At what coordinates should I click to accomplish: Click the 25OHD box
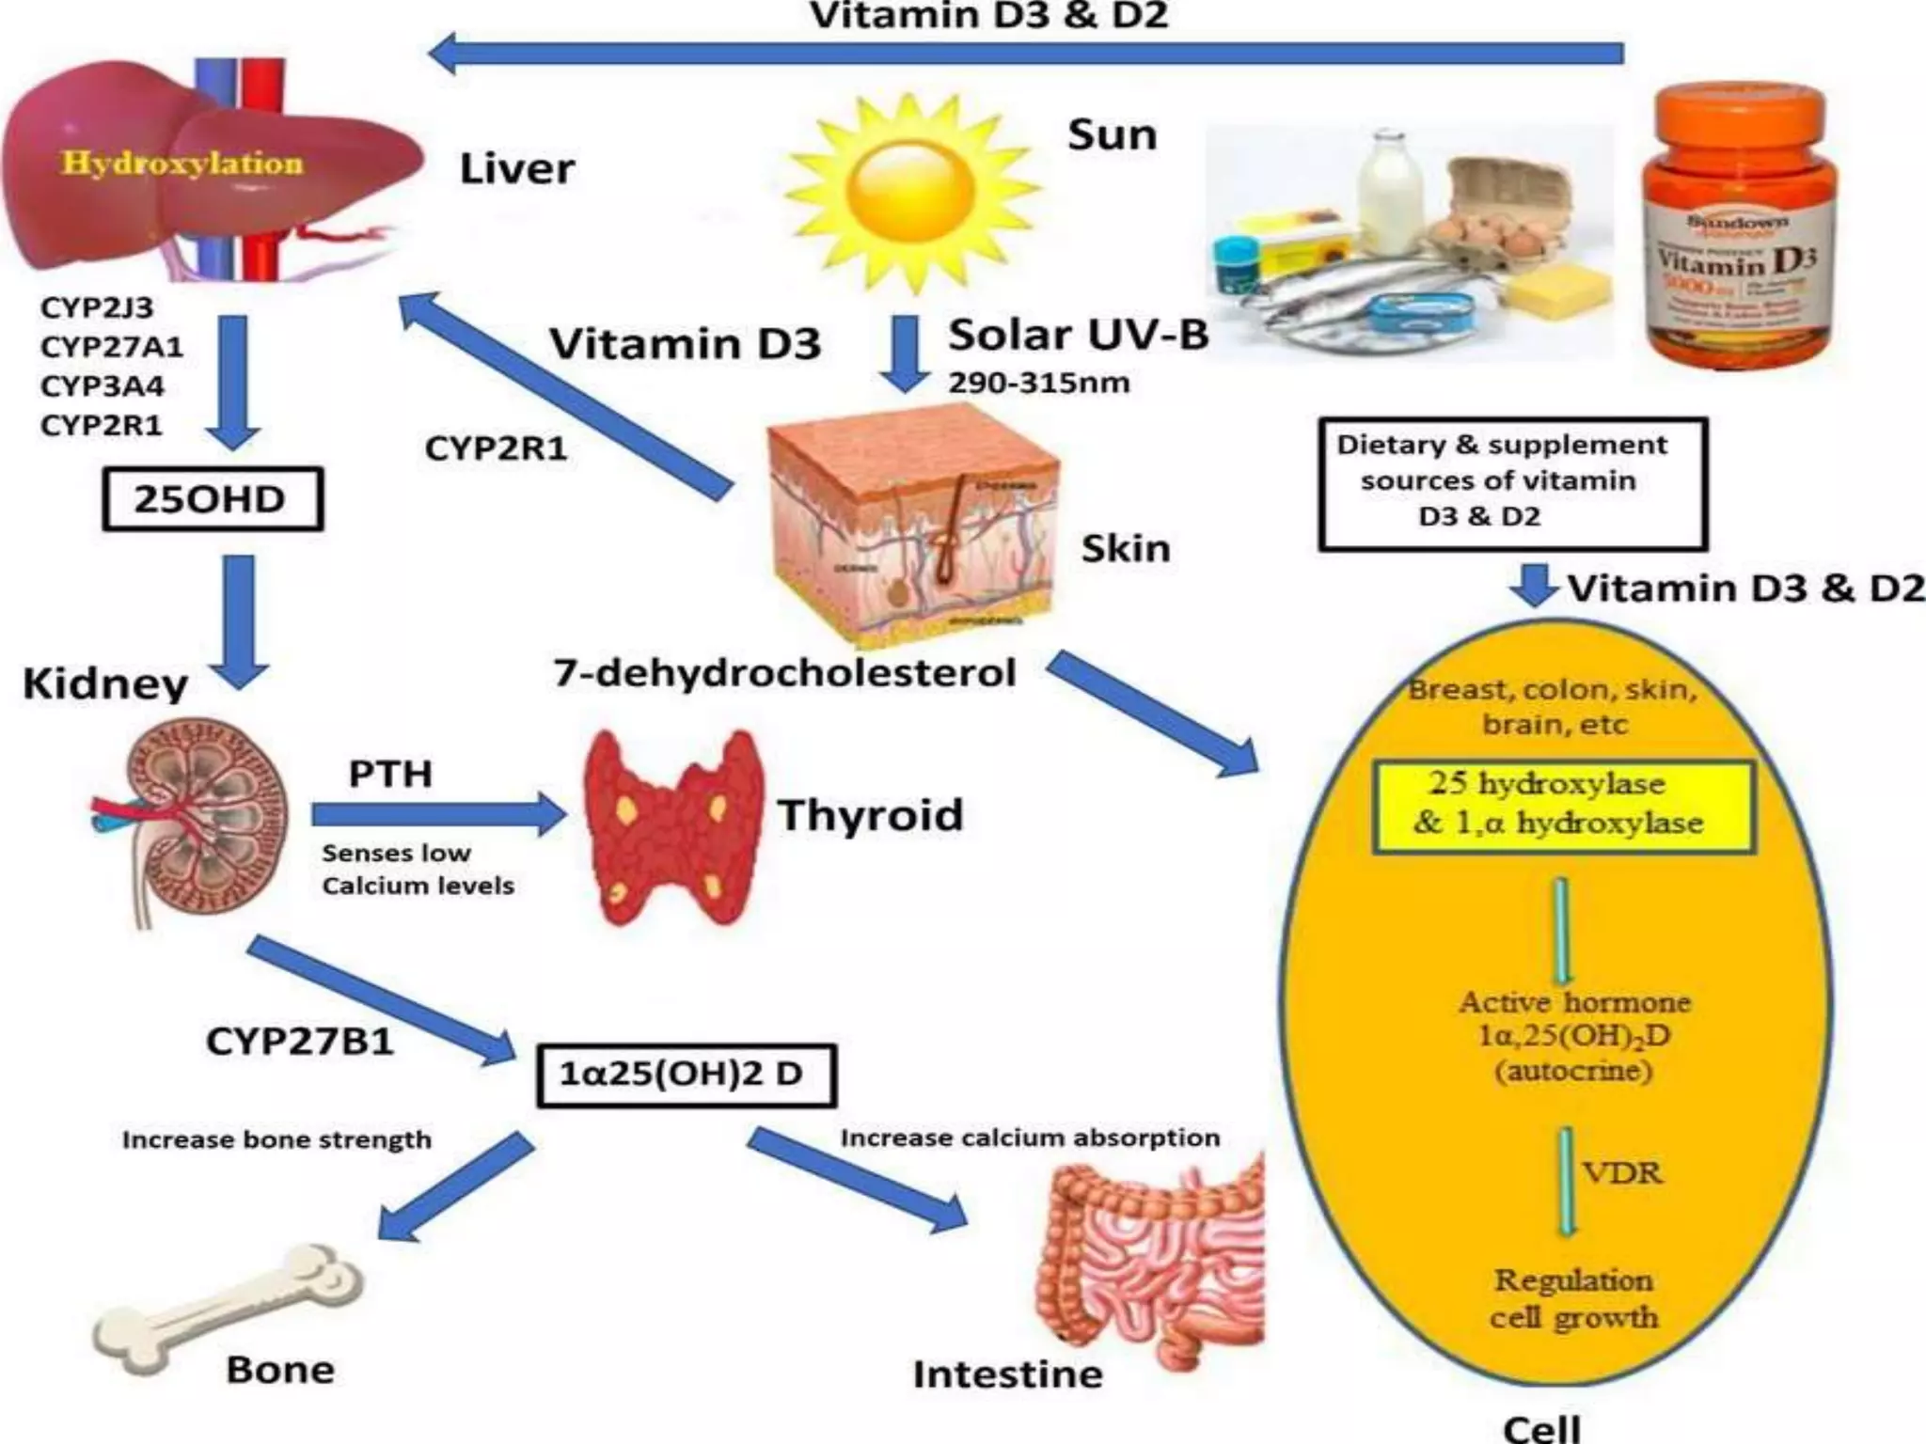click(212, 499)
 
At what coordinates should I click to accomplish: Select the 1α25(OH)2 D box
click(686, 1075)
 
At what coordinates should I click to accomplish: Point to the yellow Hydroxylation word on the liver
click(182, 164)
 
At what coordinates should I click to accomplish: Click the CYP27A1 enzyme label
click(111, 347)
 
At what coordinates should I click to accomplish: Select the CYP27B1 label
click(299, 1042)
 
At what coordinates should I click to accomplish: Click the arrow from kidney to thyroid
click(437, 815)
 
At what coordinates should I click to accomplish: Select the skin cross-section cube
click(912, 526)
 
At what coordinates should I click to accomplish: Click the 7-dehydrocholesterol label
click(784, 673)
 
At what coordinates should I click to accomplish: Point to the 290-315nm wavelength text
click(1038, 384)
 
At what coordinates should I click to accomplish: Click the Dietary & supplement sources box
click(1512, 483)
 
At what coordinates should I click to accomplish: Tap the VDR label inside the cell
click(1622, 1172)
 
